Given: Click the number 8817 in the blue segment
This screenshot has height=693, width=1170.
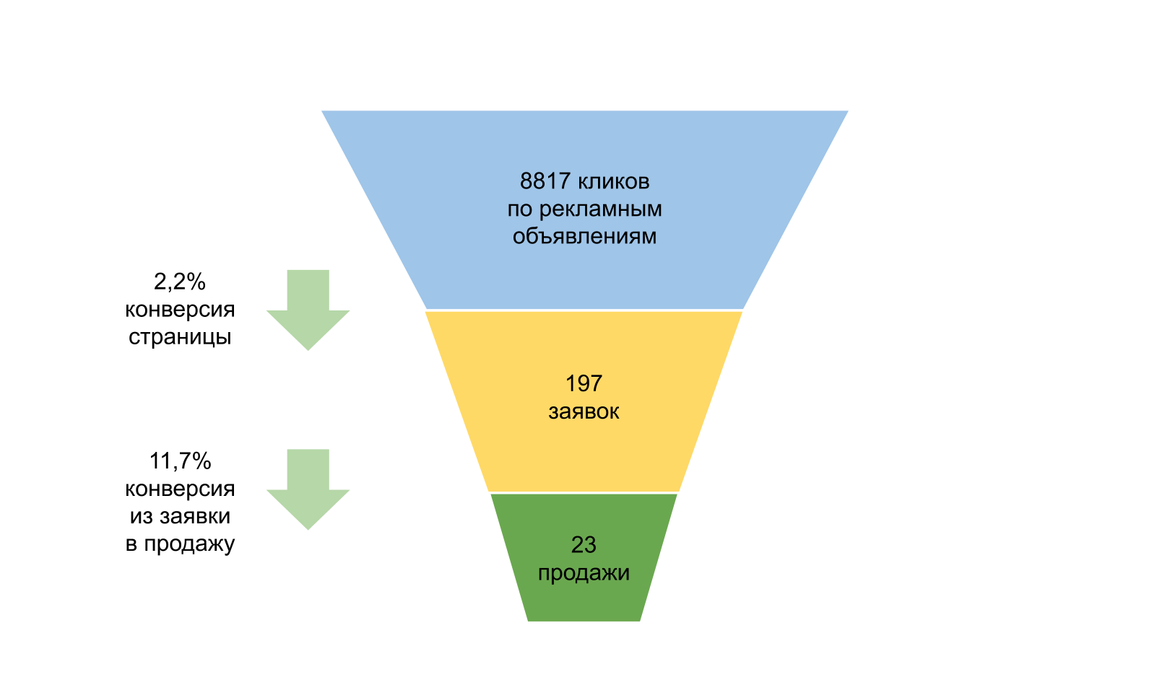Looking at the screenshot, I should (545, 181).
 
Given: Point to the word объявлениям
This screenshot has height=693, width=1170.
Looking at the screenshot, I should (584, 236).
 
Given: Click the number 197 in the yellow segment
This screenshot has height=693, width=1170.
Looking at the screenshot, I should (584, 383).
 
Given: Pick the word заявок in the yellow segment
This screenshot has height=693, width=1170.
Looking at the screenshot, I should (584, 411).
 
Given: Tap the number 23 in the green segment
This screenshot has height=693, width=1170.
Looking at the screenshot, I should (584, 544).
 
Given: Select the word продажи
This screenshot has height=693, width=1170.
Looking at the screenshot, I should (584, 572).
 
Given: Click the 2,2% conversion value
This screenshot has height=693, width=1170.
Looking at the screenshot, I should (180, 281).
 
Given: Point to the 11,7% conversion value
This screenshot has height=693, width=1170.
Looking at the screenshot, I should (180, 461).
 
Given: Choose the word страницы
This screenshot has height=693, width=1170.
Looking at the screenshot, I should (180, 336).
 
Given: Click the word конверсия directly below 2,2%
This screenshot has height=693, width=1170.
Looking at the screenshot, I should (180, 309).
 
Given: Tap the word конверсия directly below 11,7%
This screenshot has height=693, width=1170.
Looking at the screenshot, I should (180, 489).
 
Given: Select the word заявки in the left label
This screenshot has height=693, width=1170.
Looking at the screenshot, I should (195, 516).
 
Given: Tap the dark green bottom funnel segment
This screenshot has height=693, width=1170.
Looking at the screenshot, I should (584, 599).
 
